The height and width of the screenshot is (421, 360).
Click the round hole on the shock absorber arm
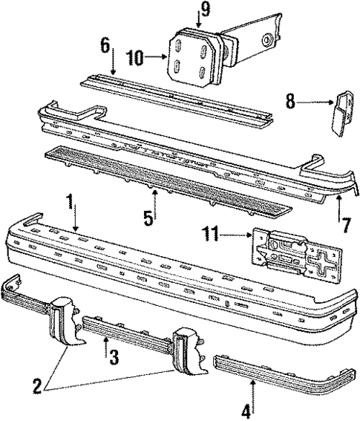click(266, 40)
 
